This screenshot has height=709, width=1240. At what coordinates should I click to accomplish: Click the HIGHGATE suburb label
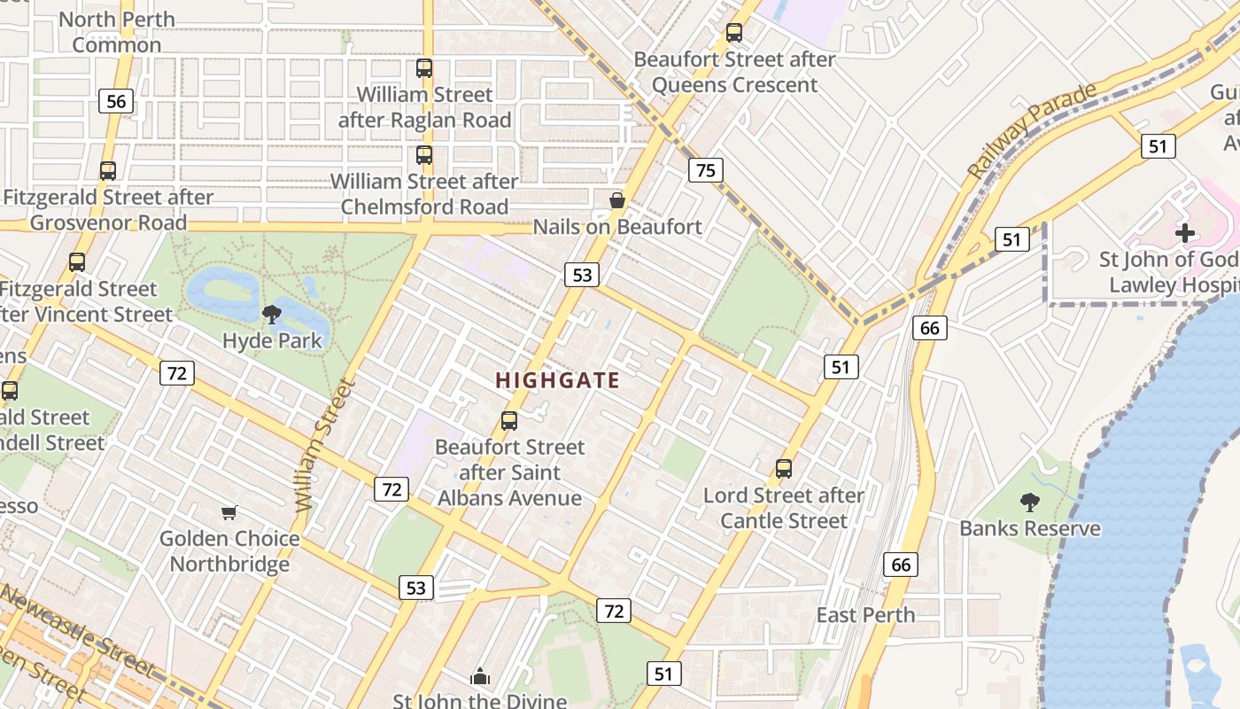coord(557,380)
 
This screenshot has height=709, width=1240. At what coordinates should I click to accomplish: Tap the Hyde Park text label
coord(272,340)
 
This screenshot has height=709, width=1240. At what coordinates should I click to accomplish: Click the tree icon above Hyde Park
coord(272,314)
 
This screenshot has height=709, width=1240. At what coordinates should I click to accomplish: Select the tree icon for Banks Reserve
coord(1029,503)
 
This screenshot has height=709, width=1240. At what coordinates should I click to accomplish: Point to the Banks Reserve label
coord(1029,528)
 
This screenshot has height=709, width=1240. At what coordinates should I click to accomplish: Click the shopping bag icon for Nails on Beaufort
coord(617,201)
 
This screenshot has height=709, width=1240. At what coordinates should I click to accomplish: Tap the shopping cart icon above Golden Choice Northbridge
coord(229,512)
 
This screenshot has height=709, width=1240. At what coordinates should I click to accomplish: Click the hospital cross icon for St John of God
coord(1184,233)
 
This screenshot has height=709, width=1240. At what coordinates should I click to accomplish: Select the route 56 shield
coord(116,101)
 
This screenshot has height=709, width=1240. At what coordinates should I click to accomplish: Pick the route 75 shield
coord(705,170)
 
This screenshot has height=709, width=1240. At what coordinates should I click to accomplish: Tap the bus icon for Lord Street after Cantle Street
coord(784,468)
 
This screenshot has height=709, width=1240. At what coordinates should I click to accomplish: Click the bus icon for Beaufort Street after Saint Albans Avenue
coord(509,420)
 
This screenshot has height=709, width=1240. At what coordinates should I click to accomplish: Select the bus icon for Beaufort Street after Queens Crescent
coord(734,33)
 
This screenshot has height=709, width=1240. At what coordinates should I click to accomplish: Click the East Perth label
coord(865,614)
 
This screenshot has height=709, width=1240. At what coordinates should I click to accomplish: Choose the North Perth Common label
coord(117,32)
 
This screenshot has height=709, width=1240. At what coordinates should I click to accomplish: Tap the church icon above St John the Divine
coord(480,677)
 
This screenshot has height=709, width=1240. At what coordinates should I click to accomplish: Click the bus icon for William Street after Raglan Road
coord(424,67)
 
